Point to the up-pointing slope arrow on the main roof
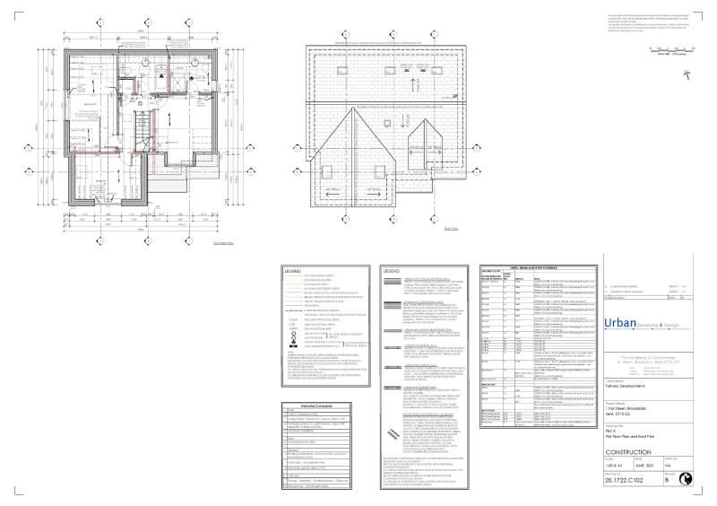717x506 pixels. pyautogui.click(x=414, y=85)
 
